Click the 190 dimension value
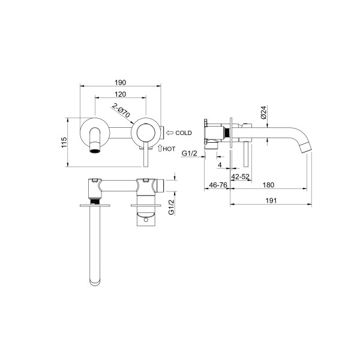[x=121, y=82]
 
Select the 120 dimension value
[x=121, y=94]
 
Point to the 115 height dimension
[x=64, y=142]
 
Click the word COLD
[x=184, y=133]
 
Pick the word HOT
[x=169, y=149]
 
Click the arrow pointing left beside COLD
[x=170, y=133]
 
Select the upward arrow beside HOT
[x=160, y=148]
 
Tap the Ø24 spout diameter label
[x=263, y=112]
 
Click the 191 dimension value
[x=271, y=200]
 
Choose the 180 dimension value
[x=268, y=185]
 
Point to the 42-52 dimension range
[x=240, y=176]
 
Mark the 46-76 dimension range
[x=218, y=185]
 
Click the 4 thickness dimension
[x=220, y=165]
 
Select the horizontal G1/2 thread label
[x=190, y=153]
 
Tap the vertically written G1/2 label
[x=171, y=208]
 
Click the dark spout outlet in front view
[x=95, y=151]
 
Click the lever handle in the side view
[x=246, y=154]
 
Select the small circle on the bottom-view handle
[x=146, y=220]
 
